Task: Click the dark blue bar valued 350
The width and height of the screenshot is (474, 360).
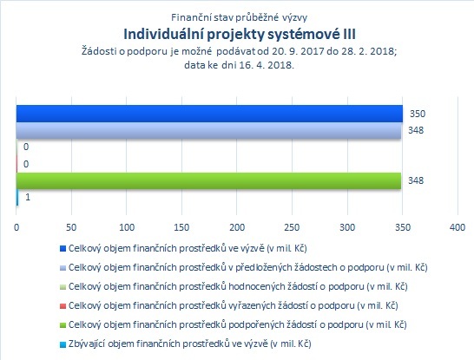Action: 209,114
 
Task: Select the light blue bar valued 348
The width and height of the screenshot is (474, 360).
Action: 208,130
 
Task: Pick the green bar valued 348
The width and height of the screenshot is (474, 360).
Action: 208,180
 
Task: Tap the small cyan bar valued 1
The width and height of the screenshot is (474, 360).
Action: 17,198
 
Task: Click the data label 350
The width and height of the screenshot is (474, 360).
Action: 418,114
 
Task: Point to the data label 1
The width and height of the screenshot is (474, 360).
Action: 28,197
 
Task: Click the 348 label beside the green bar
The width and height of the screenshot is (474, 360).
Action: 416,180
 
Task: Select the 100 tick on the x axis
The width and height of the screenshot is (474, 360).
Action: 127,227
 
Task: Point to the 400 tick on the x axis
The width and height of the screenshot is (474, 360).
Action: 458,227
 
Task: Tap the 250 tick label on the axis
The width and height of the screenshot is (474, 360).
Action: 292,227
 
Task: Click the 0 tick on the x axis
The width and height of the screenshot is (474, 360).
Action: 16,227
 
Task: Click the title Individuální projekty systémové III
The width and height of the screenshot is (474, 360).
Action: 240,34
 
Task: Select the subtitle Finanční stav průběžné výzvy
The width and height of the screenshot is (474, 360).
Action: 239,17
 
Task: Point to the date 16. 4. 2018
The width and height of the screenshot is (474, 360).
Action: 267,65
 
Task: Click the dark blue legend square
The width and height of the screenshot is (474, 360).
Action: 63,249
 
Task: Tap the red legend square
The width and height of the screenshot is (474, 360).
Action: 63,306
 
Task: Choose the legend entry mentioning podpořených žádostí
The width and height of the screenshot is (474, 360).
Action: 238,324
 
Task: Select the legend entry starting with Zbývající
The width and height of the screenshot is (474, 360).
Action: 190,344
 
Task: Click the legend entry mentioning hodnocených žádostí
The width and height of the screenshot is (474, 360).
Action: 238,286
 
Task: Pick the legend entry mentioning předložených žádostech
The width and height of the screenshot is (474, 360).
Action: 248,267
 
